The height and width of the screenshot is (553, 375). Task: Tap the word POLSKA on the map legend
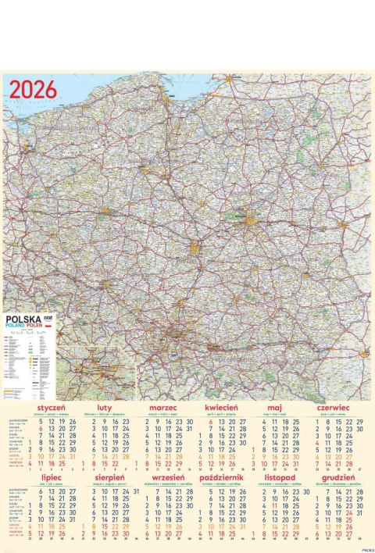[x=24, y=319]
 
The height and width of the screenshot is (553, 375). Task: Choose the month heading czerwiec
[x=334, y=408]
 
